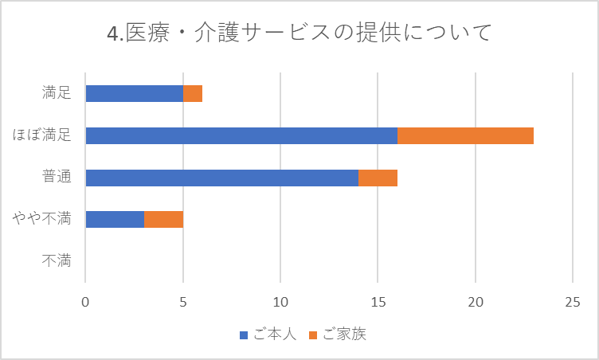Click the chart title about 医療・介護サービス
pos(299,33)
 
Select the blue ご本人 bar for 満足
pos(134,93)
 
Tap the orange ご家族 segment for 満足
pos(193,93)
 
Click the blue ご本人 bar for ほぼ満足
pos(241,135)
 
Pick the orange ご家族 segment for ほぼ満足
pos(465,135)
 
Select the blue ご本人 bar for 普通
pos(221,177)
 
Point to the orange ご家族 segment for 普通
pos(378,177)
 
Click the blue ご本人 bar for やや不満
pos(115,219)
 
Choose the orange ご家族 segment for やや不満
pos(163,219)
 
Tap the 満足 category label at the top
pos(57,93)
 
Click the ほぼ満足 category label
pos(42,135)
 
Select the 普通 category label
pos(57,177)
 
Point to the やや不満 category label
pos(42,218)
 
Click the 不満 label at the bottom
pos(57,260)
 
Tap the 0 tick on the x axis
pos(85,303)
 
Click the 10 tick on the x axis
pos(280,303)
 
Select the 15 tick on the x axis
pos(378,303)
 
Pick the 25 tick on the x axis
pos(573,303)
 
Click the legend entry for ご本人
pos(268,335)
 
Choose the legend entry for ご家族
pos(338,335)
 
